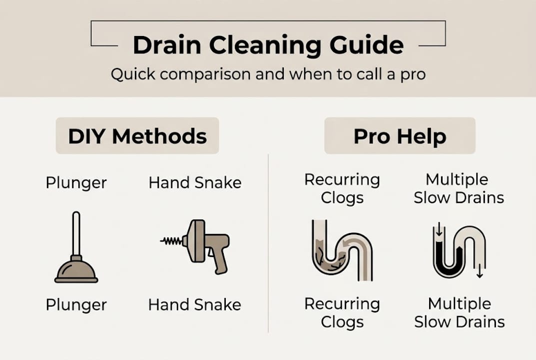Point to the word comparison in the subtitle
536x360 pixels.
[x=195, y=74]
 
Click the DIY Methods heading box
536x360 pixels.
[x=137, y=136]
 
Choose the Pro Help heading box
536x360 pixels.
[x=400, y=136]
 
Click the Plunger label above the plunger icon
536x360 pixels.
[x=76, y=182]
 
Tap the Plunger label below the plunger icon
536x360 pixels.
[x=76, y=304]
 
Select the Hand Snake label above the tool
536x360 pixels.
[x=195, y=182]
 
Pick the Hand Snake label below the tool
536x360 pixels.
[x=195, y=304]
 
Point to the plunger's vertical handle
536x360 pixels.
[x=76, y=232]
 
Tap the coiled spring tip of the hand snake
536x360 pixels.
[x=171, y=241]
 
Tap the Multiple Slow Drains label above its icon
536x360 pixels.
[x=459, y=188]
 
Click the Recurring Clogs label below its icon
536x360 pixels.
[x=342, y=312]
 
